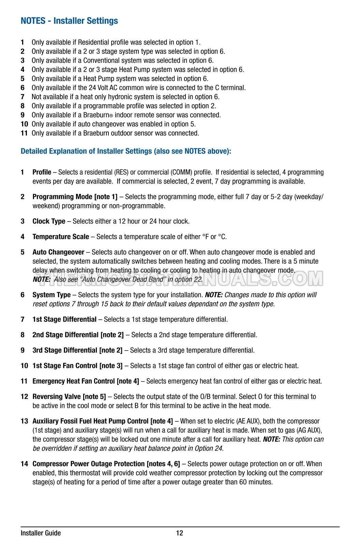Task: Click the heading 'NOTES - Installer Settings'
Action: [x=69, y=21]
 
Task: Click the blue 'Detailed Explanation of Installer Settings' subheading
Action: [x=126, y=151]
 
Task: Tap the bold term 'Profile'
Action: [x=42, y=172]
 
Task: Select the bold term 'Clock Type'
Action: [x=49, y=221]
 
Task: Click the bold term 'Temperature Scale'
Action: [x=61, y=236]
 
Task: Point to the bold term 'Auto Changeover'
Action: [x=58, y=252]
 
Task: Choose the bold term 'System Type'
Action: [x=51, y=295]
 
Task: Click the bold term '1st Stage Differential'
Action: [x=64, y=319]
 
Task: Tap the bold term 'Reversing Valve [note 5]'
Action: [x=69, y=396]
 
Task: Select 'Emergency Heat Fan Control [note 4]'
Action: [x=86, y=381]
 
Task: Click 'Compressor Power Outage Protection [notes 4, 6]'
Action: [x=106, y=464]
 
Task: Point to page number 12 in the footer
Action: [x=180, y=533]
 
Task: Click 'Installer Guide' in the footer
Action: [x=41, y=533]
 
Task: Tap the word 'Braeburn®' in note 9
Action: [x=98, y=115]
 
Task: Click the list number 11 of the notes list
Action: [x=24, y=133]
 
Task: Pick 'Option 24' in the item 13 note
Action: [x=209, y=448]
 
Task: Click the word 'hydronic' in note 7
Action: [x=110, y=97]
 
